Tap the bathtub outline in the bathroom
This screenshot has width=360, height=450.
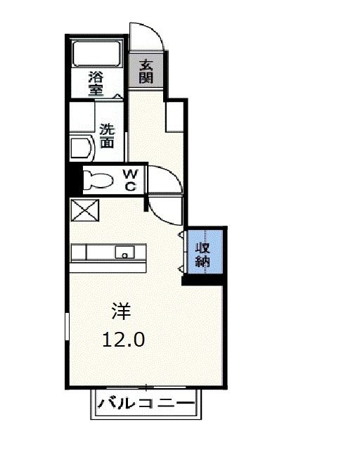[x=98, y=54]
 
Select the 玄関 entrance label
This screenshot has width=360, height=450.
[x=146, y=71]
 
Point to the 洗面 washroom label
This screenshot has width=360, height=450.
[x=107, y=136]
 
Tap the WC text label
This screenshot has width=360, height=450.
[x=131, y=179]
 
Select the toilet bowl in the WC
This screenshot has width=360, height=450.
[x=98, y=180]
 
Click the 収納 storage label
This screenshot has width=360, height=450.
[x=203, y=255]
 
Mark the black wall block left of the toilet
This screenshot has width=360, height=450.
[x=74, y=179]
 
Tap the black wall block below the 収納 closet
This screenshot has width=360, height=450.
[x=204, y=280]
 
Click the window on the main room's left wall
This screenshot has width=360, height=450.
[x=67, y=330]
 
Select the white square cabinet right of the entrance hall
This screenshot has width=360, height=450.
[x=174, y=117]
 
